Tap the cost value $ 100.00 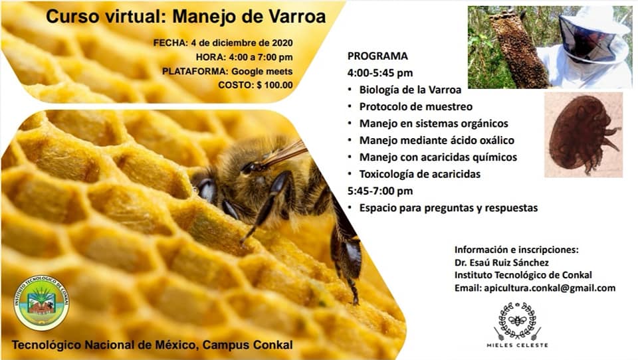pos(274,85)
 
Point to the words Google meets pos(262,71)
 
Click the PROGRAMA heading pos(377,56)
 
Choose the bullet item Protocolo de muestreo pos(416,106)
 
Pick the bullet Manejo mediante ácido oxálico pos(437,140)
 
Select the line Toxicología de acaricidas pos(419,174)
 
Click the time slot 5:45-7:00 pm pos(380,191)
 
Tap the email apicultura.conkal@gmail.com pos(550,288)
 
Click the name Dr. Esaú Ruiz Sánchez pos(502,262)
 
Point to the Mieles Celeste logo pos(518,325)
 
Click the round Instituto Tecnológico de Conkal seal pos(41,303)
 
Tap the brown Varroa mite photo pos(584,135)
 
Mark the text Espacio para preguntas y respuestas pos(449,208)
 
